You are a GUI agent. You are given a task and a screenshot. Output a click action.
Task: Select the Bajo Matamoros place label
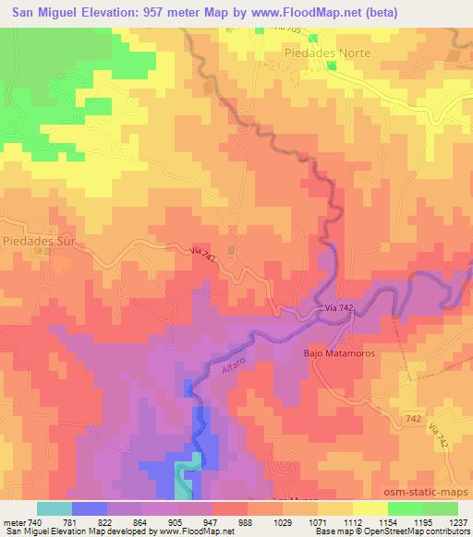(336, 352)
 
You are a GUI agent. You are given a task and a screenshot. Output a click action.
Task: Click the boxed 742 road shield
(414, 420)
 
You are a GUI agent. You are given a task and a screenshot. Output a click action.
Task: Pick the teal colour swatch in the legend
(55, 508)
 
